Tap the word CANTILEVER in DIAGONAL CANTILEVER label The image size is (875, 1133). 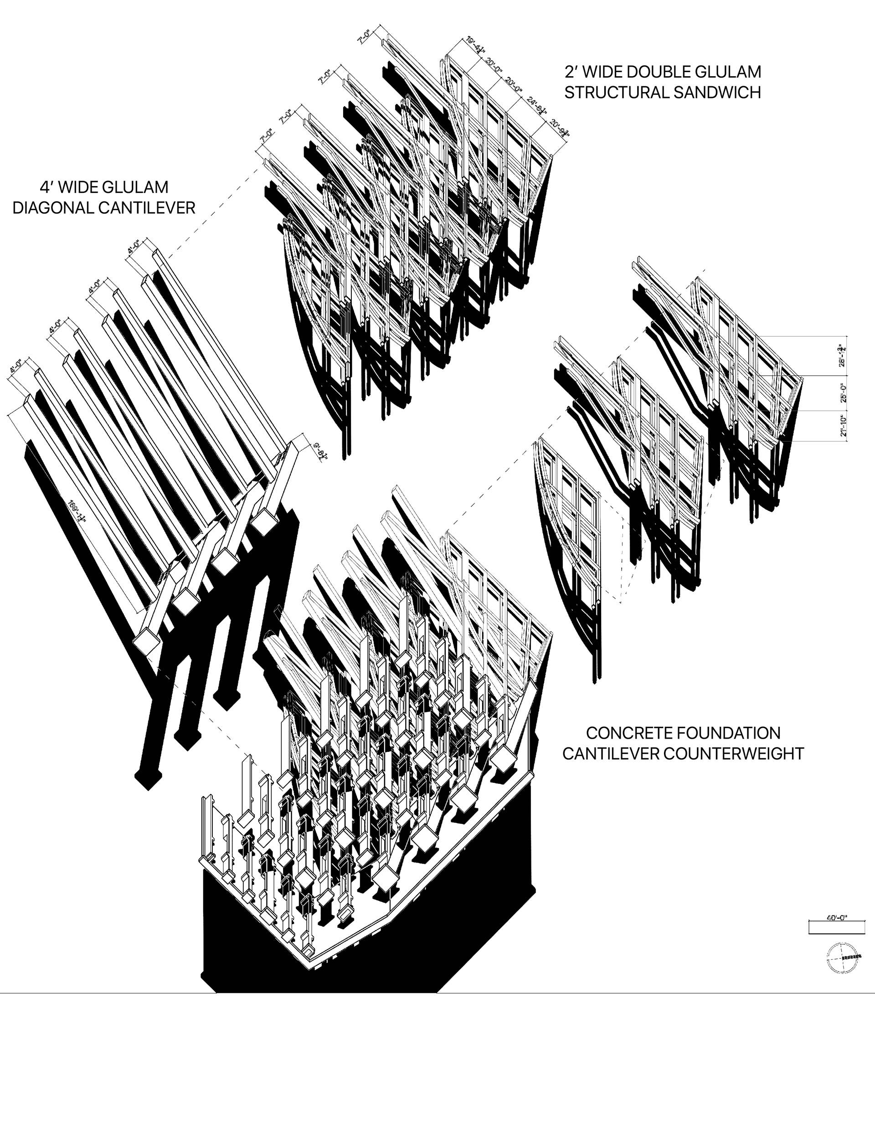[147, 208]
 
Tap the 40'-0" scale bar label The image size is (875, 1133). [837, 918]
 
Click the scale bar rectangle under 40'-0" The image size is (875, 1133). [837, 927]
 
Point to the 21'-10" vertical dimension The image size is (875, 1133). [844, 426]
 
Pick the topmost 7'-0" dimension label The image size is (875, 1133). [364, 37]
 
